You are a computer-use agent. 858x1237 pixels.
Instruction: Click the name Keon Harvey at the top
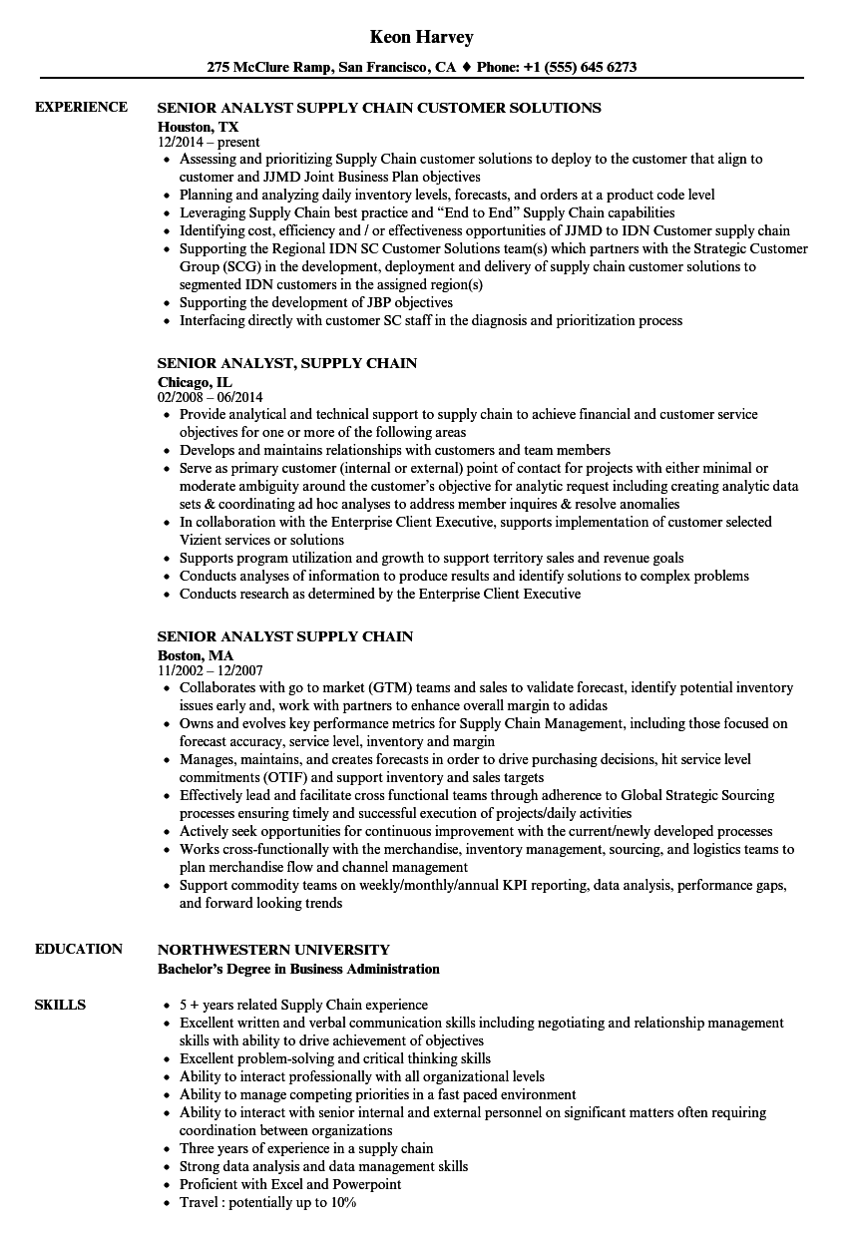click(x=421, y=37)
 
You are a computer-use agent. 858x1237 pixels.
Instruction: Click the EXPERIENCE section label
click(x=81, y=107)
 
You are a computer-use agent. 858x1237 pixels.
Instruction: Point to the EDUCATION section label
click(x=79, y=949)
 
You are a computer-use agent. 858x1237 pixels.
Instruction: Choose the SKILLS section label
click(x=60, y=1005)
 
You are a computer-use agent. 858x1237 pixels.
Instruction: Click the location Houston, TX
click(x=199, y=126)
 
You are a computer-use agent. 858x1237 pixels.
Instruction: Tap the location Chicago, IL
click(x=196, y=381)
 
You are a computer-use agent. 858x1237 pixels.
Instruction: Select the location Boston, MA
click(x=196, y=654)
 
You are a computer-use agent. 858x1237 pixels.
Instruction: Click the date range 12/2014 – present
click(x=209, y=142)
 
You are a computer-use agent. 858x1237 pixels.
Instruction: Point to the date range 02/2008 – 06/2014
click(x=211, y=397)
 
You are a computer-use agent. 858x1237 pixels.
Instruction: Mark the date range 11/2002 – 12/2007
click(x=211, y=670)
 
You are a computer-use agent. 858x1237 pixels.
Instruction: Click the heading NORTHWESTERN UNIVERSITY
click(x=273, y=950)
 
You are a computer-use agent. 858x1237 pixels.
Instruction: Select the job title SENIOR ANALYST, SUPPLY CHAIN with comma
click(x=287, y=363)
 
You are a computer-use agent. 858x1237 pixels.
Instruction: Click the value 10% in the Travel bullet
click(x=341, y=1202)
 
